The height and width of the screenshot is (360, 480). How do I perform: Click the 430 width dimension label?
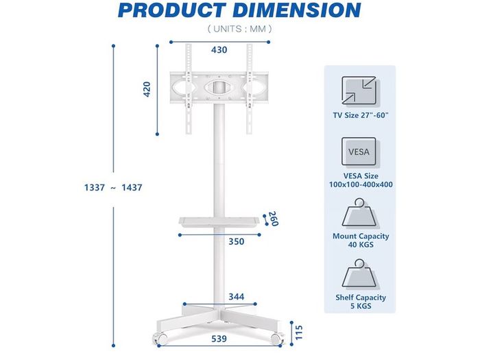click(219, 50)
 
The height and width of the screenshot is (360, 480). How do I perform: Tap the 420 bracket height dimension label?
click(147, 89)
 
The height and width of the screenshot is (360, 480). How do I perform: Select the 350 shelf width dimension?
click(237, 241)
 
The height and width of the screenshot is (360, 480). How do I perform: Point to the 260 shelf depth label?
click(273, 219)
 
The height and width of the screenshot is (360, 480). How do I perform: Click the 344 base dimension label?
click(237, 297)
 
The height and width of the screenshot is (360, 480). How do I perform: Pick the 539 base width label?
click(219, 339)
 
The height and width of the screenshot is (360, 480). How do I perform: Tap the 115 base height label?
click(299, 333)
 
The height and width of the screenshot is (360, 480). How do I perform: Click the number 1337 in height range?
click(95, 187)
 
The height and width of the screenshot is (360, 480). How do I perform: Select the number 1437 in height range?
click(132, 187)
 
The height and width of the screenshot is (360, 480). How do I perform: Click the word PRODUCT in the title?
click(171, 10)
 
